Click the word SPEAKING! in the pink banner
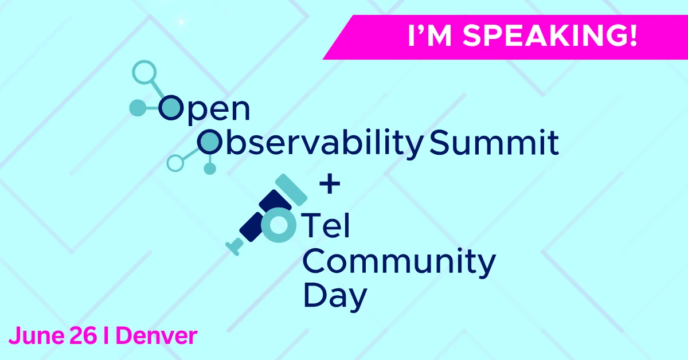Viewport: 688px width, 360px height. click(x=550, y=36)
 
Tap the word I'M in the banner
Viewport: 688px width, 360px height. click(x=430, y=36)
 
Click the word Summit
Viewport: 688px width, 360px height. click(x=494, y=143)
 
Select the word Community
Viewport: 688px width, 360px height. click(x=399, y=262)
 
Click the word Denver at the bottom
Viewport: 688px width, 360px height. click(x=157, y=336)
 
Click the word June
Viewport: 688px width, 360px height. click(x=37, y=336)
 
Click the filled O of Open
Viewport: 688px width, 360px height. click(x=170, y=108)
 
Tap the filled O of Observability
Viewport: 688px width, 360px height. click(x=209, y=142)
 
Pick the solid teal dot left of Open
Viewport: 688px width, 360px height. click(x=138, y=108)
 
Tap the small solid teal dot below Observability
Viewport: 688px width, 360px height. click(x=210, y=169)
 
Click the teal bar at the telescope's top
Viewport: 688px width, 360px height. click(x=291, y=190)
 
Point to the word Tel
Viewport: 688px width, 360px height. click(x=326, y=225)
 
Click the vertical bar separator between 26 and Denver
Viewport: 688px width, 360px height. click(x=106, y=335)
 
